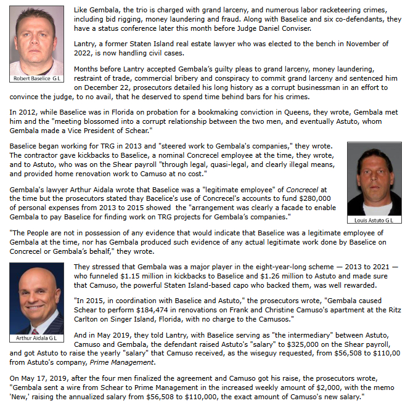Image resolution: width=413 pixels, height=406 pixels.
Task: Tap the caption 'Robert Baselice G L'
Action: (x=36, y=79)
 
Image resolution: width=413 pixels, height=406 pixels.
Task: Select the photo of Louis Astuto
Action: (x=374, y=179)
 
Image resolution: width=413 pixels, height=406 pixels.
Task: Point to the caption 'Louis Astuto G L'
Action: (x=374, y=220)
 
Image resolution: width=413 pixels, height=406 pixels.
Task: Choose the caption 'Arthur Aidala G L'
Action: (x=36, y=338)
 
